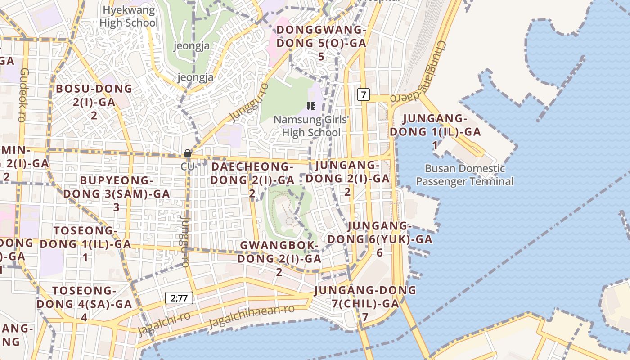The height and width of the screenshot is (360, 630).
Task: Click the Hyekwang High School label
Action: [129, 16]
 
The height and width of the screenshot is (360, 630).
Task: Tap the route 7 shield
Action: [364, 94]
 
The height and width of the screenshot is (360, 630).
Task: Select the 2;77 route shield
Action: [179, 297]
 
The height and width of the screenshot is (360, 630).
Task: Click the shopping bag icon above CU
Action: [188, 154]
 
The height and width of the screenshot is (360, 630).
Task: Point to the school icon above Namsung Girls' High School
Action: [310, 106]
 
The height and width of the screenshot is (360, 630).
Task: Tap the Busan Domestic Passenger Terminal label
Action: [464, 175]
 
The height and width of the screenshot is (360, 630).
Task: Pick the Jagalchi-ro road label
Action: [164, 323]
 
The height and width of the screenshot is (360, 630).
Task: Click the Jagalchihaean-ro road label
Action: [252, 317]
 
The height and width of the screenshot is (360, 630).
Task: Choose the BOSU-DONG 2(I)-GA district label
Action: [94, 102]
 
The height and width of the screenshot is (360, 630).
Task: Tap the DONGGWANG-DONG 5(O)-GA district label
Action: [321, 43]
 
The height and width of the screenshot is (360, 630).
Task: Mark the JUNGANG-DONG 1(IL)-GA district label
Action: [435, 132]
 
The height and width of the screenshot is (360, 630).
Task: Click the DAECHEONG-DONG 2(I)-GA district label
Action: [252, 180]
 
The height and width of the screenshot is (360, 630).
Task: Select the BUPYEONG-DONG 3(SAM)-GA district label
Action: [116, 193]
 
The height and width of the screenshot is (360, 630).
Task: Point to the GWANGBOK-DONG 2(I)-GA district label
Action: [279, 258]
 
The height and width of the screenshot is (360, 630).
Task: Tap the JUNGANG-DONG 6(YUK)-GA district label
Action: [380, 238]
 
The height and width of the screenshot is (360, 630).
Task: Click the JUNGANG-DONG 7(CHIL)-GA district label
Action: [365, 303]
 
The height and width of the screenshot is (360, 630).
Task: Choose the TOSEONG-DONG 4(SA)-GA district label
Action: [85, 303]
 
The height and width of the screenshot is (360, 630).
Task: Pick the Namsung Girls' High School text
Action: [311, 126]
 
